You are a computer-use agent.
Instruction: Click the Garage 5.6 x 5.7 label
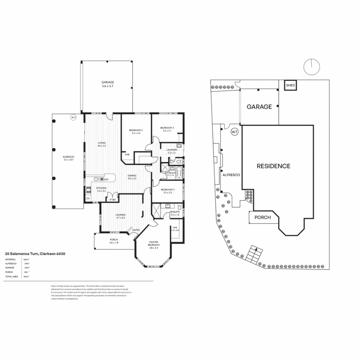click(108, 84)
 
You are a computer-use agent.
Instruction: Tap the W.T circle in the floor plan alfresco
click(73, 117)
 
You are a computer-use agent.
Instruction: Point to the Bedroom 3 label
click(167, 129)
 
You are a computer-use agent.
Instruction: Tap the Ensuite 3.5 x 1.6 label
click(175, 213)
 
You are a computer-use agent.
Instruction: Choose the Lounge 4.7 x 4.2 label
click(120, 216)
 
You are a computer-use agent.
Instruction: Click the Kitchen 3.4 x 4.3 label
click(101, 189)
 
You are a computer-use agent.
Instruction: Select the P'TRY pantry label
click(110, 199)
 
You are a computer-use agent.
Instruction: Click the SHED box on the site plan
click(290, 86)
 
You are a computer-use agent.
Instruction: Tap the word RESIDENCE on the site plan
click(273, 166)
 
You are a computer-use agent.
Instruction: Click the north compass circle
click(312, 67)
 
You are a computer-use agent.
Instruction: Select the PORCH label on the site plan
click(262, 217)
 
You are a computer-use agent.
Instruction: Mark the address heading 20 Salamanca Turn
click(35, 254)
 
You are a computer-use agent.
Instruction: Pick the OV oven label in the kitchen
click(88, 199)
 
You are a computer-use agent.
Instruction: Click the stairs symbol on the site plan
click(255, 255)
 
